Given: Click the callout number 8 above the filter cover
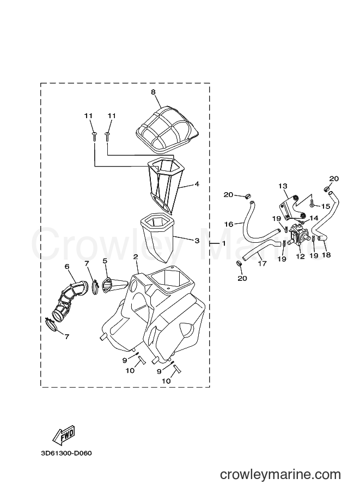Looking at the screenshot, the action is [153, 92].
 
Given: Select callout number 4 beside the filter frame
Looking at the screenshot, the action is [197, 184].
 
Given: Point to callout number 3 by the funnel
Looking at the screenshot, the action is [197, 241].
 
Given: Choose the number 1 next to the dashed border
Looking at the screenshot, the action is [224, 243].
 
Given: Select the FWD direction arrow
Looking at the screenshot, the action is [63, 434].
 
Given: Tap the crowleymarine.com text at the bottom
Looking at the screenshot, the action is [280, 475].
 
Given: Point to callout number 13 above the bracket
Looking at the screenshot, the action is [283, 186].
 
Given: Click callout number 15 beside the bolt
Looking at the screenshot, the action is [326, 206].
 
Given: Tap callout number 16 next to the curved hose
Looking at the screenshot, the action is [228, 224].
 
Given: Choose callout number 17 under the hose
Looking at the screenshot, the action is [262, 263].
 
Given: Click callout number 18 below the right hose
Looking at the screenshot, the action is [326, 255].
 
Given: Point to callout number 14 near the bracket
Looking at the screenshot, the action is [314, 218].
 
